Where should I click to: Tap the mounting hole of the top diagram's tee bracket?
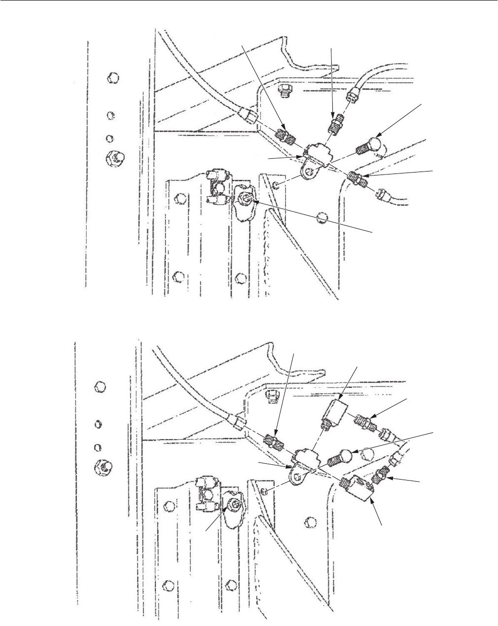308,172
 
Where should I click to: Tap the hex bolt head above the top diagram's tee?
283,89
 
